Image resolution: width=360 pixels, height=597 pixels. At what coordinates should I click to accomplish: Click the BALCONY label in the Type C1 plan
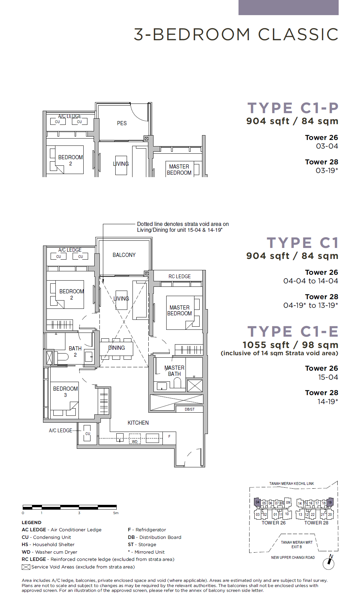pyautogui.click(x=124, y=255)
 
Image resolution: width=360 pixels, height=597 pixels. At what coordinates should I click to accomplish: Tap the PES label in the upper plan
pyautogui.click(x=122, y=123)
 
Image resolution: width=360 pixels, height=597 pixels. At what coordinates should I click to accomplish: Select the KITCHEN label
pyautogui.click(x=138, y=423)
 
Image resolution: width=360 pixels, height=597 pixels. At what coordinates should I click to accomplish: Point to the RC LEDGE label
pyautogui.click(x=179, y=276)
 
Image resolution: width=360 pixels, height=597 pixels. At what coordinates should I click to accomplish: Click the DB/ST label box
pyautogui.click(x=189, y=409)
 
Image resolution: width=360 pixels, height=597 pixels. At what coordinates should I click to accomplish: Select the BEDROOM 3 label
pyautogui.click(x=65, y=392)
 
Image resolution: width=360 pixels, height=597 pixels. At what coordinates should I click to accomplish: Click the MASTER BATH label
pyautogui.click(x=174, y=371)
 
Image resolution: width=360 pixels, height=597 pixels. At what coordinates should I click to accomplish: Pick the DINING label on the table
pyautogui.click(x=116, y=348)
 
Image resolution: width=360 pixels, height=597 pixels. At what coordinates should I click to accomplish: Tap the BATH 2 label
pyautogui.click(x=75, y=351)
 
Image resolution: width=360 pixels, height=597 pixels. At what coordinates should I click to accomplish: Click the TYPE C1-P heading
pyautogui.click(x=293, y=108)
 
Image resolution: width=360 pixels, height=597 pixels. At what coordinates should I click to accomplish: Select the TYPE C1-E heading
pyautogui.click(x=293, y=332)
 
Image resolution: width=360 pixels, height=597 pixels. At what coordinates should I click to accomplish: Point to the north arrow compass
pyautogui.click(x=329, y=563)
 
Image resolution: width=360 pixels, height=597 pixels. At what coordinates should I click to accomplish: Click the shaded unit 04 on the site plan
pyautogui.click(x=257, y=502)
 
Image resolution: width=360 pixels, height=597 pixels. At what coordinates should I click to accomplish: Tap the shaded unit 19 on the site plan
pyautogui.click(x=330, y=502)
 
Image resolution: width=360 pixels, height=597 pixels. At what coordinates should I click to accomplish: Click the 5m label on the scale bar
pyautogui.click(x=116, y=513)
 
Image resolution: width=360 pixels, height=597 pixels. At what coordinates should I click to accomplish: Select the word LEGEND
pyautogui.click(x=31, y=522)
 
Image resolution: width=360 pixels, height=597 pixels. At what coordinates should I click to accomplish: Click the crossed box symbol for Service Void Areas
pyautogui.click(x=26, y=567)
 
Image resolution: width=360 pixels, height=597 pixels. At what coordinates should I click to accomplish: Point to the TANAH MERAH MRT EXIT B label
pyautogui.click(x=297, y=544)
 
